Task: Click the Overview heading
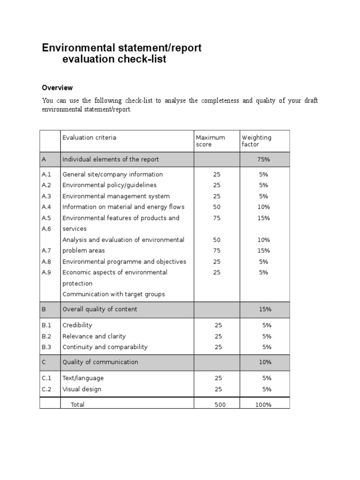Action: tap(57, 88)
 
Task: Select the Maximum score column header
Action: tap(210, 141)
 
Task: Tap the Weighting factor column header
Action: tap(256, 141)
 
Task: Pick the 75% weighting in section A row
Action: tap(263, 159)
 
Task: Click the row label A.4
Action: tap(47, 207)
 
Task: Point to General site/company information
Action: tap(112, 174)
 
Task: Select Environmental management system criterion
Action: tap(116, 196)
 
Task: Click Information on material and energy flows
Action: tap(123, 207)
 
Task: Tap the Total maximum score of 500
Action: tap(220, 405)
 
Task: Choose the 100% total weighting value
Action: tap(263, 405)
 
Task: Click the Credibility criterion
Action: tap(77, 325)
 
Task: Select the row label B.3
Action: tap(47, 347)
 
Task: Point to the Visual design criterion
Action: tap(82, 389)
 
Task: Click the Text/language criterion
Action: tap(83, 378)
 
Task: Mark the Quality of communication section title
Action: tap(100, 362)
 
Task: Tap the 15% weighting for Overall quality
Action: tap(265, 309)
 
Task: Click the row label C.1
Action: tap(47, 378)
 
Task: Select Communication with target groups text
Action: tap(113, 294)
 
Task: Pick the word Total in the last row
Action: tap(77, 405)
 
